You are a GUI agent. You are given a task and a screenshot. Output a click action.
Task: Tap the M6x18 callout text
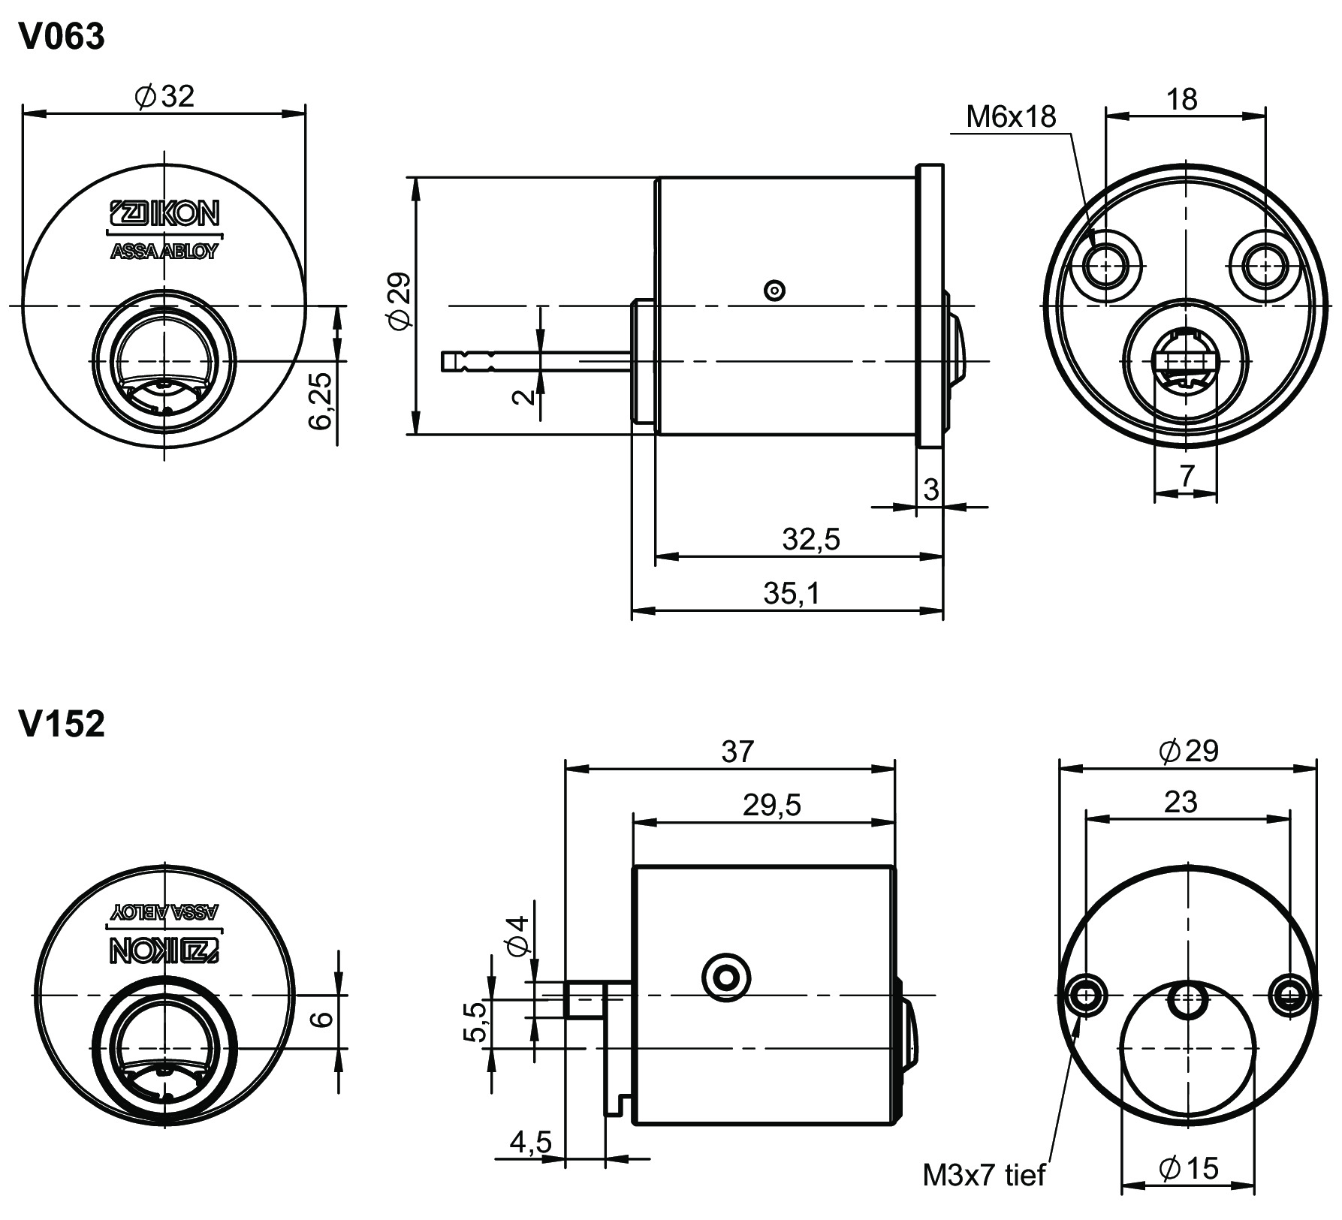[x=1011, y=116]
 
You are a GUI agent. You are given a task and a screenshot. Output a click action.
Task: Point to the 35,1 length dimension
[x=792, y=593]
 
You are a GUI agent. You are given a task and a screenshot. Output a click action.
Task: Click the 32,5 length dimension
[x=811, y=538]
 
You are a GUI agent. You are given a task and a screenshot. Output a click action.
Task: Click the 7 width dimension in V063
[x=1186, y=475]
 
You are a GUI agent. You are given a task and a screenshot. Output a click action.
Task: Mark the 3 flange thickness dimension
[x=930, y=490]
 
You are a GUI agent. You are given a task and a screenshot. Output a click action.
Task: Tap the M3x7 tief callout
[x=983, y=1175]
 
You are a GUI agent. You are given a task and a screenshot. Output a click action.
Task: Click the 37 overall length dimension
[x=736, y=751]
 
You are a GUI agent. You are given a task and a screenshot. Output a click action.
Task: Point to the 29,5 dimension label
[x=772, y=806]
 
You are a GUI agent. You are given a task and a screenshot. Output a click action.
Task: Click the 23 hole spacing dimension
[x=1181, y=802]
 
